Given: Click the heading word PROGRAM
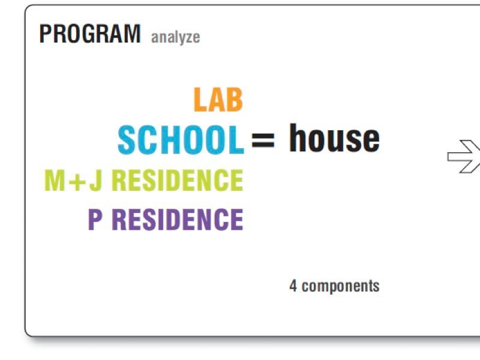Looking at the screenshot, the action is [x=90, y=34].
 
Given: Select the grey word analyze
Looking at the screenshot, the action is [x=175, y=38].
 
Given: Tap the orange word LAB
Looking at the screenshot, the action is [x=218, y=100].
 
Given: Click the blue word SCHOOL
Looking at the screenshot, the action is [x=181, y=140].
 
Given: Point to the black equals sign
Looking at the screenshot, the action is [x=263, y=140].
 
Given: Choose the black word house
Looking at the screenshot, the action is [x=334, y=138].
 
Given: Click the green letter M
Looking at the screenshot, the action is [x=55, y=181].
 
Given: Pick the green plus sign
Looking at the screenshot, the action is [x=77, y=182].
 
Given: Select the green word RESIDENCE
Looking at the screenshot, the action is [x=178, y=181].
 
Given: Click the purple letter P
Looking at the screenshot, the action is [x=95, y=219].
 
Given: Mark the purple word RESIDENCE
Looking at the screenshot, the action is [x=178, y=219].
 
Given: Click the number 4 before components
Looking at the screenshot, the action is [x=293, y=286].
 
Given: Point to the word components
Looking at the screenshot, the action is [x=341, y=287].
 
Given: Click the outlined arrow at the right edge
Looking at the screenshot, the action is [x=463, y=157].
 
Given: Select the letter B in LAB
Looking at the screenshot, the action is [x=234, y=100].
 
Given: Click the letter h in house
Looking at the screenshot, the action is [x=299, y=138].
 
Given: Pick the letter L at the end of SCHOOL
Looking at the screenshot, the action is [x=236, y=140].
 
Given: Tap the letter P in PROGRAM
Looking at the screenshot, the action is [x=46, y=34].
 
